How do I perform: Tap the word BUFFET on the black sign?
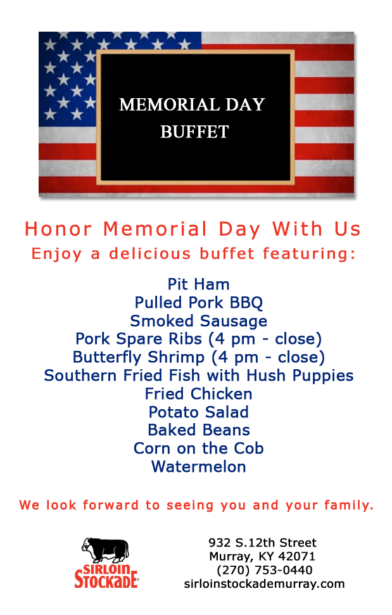(x=194, y=132)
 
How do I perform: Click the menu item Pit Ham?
(x=199, y=284)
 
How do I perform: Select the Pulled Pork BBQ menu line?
(x=199, y=303)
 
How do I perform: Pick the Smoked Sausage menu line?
(x=199, y=321)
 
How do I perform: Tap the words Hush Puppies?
(x=300, y=376)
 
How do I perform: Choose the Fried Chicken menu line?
(x=199, y=394)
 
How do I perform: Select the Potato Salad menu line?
(x=199, y=412)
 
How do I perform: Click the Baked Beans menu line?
(x=199, y=430)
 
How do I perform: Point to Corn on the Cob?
(x=199, y=448)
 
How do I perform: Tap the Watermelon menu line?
(x=199, y=467)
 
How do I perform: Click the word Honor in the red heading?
(x=58, y=229)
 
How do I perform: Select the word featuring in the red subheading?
(x=309, y=254)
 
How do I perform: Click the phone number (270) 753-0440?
(x=265, y=570)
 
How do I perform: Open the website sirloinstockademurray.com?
(x=264, y=583)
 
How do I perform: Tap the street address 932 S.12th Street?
(x=262, y=543)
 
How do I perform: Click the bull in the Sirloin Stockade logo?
(x=105, y=550)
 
